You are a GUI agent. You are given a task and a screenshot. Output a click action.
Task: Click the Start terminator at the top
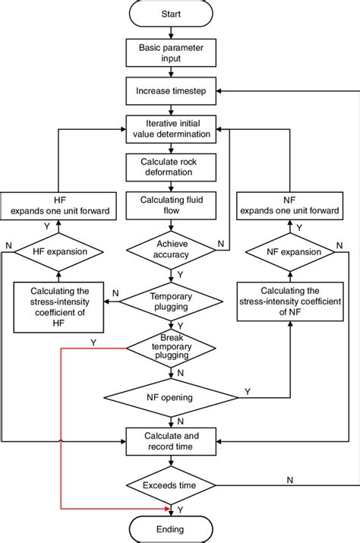[171, 14]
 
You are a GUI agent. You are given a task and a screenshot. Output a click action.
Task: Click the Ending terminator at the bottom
[171, 529]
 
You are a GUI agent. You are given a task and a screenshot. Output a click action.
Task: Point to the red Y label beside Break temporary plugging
[93, 343]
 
